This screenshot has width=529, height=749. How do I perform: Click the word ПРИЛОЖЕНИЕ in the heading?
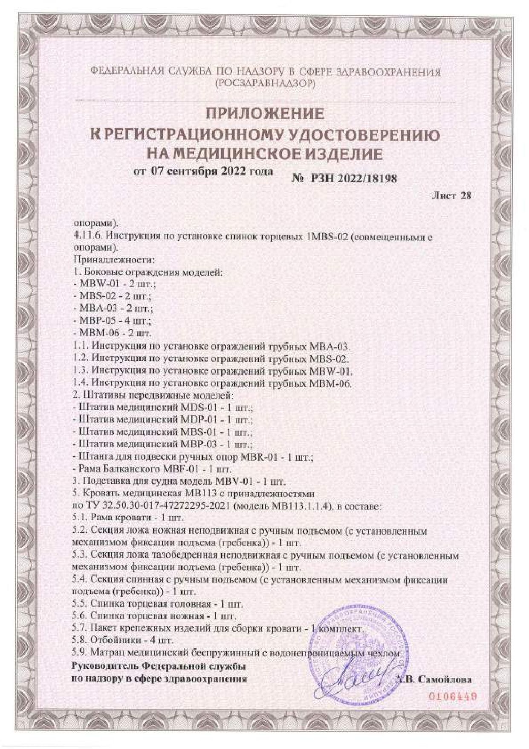point(265,114)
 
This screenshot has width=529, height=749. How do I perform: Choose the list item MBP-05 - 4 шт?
point(113,320)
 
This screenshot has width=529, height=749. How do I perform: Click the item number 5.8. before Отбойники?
point(80,640)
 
